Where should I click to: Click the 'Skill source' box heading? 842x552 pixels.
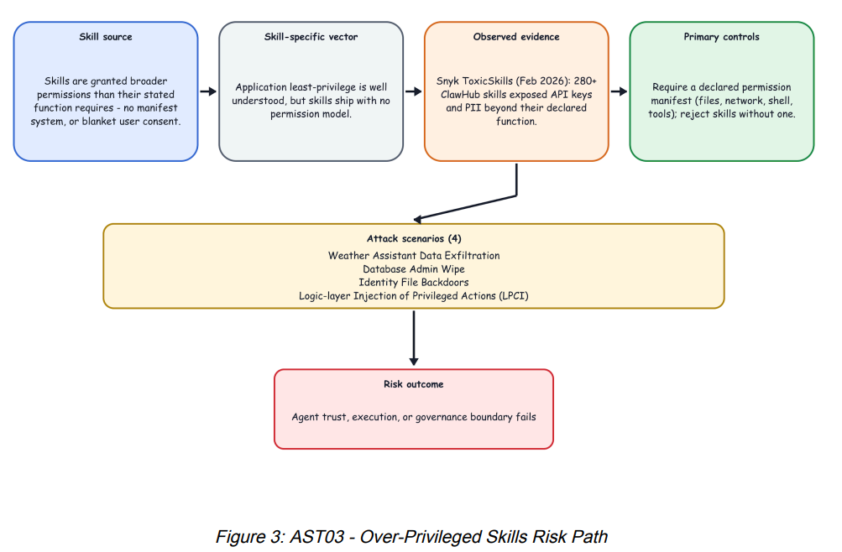pos(106,37)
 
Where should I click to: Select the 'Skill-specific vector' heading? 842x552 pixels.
pos(311,37)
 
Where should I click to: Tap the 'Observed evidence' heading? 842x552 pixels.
pos(516,37)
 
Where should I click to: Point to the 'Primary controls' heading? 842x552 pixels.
pos(721,37)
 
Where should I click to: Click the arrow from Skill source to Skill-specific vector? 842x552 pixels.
pos(208,91)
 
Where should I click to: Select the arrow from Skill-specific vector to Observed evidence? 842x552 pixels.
pos(414,91)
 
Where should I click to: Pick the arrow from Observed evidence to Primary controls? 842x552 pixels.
pos(620,91)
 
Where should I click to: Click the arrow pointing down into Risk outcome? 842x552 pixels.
pos(414,338)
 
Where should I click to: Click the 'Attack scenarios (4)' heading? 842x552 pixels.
pos(414,239)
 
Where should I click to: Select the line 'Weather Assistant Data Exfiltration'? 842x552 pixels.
pos(414,256)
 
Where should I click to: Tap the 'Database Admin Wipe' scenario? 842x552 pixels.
pos(414,269)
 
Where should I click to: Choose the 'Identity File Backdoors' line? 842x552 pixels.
pos(414,283)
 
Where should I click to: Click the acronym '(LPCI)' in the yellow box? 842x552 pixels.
pos(514,296)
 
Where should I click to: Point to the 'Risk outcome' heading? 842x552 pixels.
pos(414,384)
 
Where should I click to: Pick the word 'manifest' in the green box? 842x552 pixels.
pos(672,101)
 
